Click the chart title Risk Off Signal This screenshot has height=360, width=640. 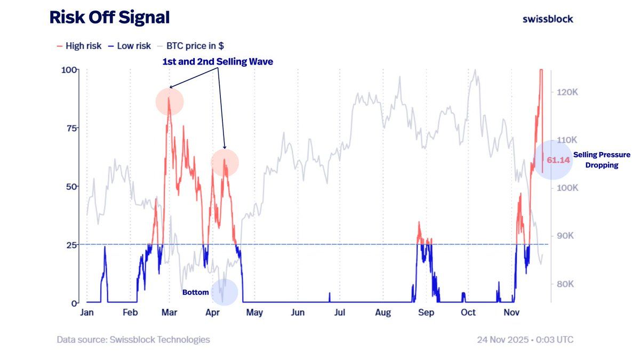point(109,18)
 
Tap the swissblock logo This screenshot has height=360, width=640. point(548,19)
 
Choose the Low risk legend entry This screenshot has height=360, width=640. point(129,46)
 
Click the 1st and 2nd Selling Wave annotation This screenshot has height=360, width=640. point(218,62)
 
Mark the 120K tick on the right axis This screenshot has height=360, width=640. point(567,92)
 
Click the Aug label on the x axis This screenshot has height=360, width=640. point(382,313)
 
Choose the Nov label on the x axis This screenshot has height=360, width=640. point(511,313)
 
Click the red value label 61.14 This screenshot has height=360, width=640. point(558,159)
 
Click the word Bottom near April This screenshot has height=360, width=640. point(195,292)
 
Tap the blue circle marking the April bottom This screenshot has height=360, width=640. point(225,292)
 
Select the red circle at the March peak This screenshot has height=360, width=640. point(170,102)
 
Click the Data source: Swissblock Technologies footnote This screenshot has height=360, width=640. point(133,340)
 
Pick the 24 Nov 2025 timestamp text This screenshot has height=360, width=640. point(525,340)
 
